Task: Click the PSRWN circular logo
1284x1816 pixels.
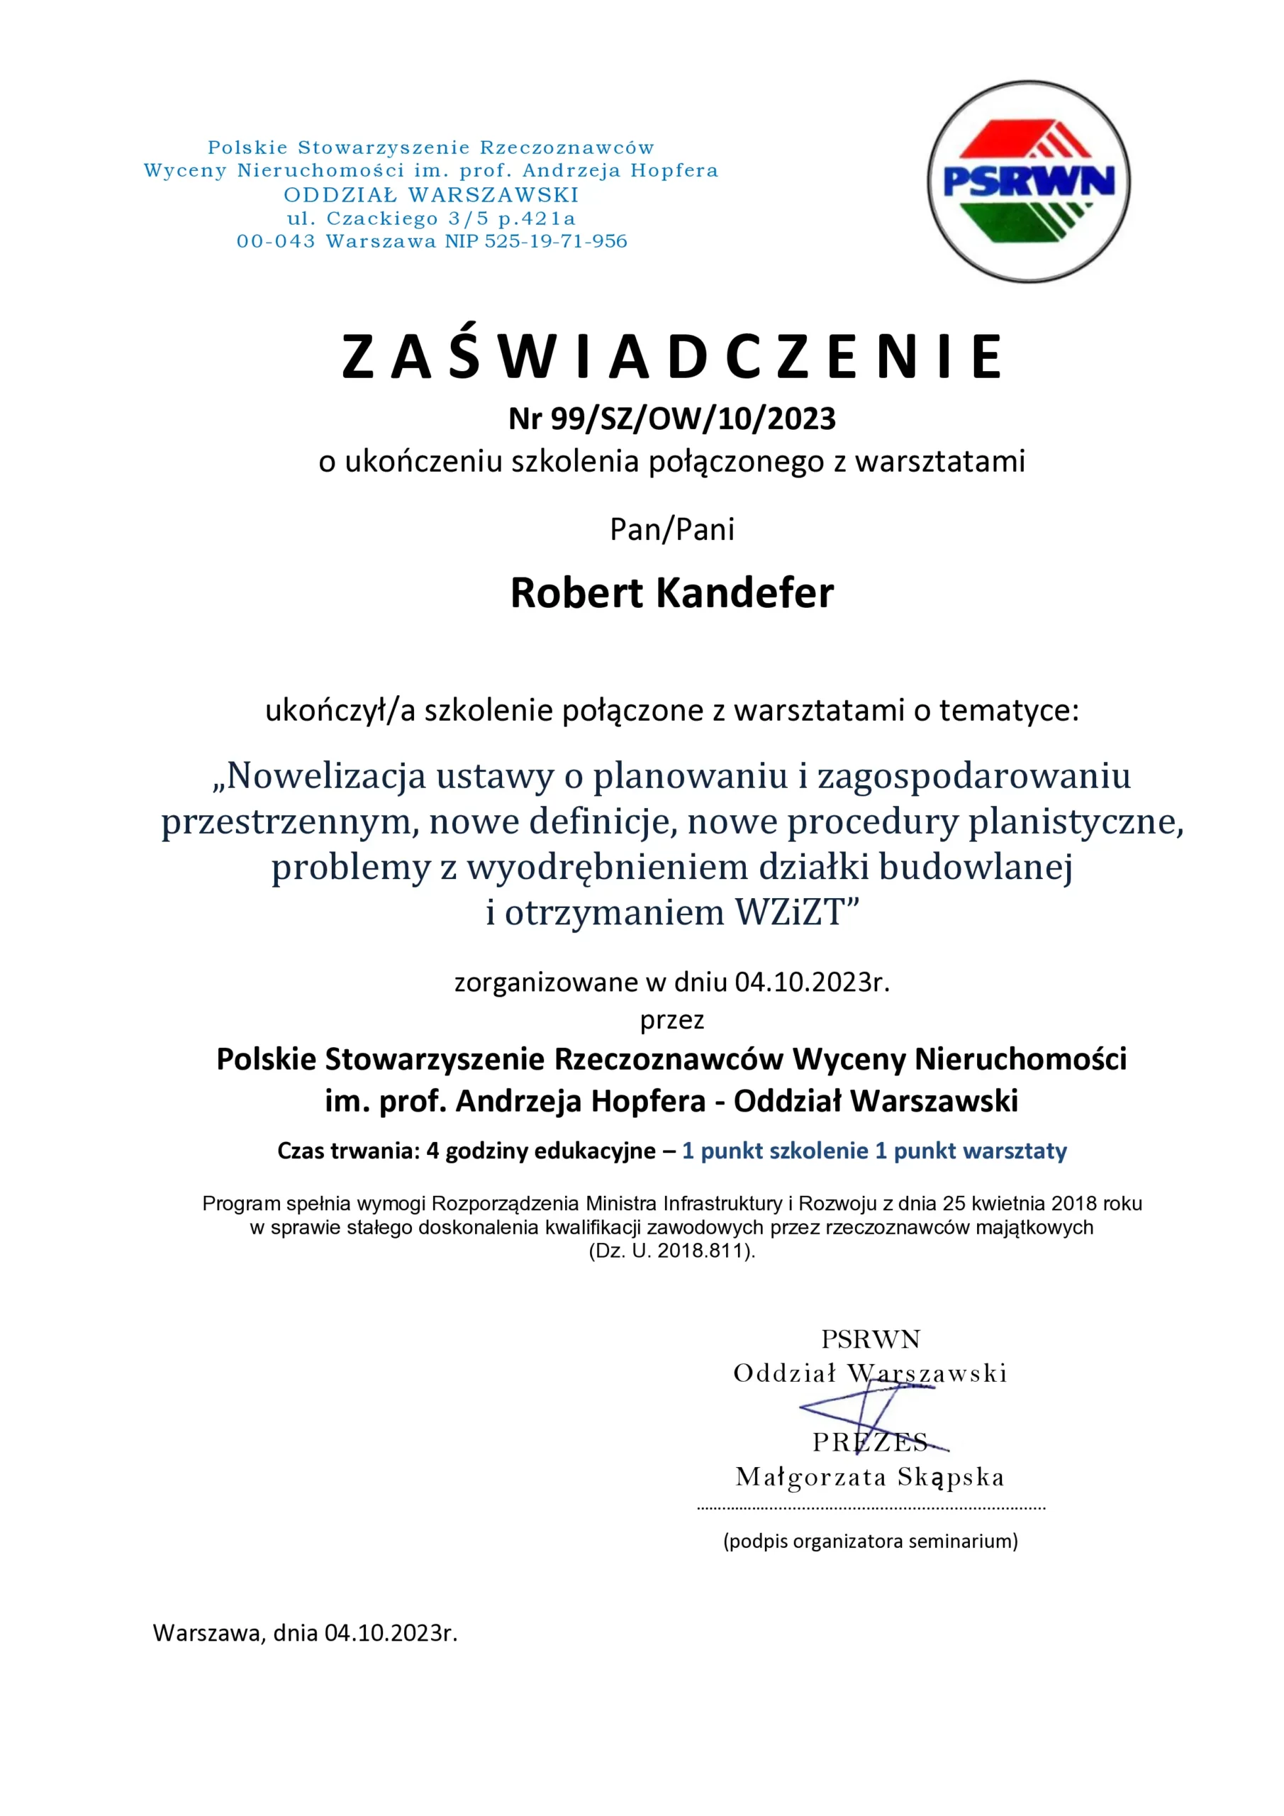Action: click(1028, 181)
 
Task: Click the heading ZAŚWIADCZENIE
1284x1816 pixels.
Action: click(672, 358)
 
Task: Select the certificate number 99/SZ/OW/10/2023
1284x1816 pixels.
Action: click(693, 419)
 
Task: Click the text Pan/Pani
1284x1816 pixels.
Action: click(672, 529)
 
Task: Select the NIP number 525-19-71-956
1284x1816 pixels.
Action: click(556, 241)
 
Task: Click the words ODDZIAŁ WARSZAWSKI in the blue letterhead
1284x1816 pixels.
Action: click(431, 194)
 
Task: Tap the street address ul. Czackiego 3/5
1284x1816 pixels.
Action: click(387, 218)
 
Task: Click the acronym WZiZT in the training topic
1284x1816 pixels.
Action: click(790, 912)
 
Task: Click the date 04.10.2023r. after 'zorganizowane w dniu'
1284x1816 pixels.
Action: click(812, 982)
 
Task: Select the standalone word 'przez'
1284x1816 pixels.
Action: click(672, 1019)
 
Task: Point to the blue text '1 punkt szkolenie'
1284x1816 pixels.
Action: click(775, 1151)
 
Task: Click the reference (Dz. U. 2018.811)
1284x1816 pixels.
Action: click(672, 1251)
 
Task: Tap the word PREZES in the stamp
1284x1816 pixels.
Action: click(870, 1442)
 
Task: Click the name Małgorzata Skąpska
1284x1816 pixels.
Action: click(870, 1477)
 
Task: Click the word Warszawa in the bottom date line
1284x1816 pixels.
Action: click(208, 1632)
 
